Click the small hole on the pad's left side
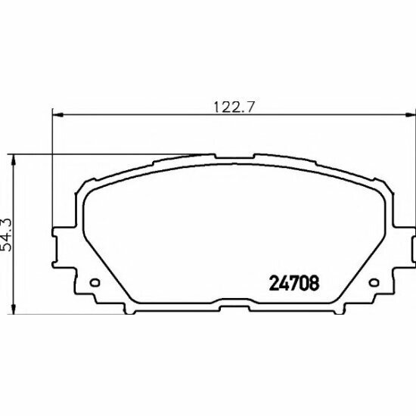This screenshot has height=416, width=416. click(x=95, y=285)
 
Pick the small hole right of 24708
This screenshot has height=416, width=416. click(x=372, y=285)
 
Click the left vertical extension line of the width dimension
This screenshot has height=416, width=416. click(x=51, y=166)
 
